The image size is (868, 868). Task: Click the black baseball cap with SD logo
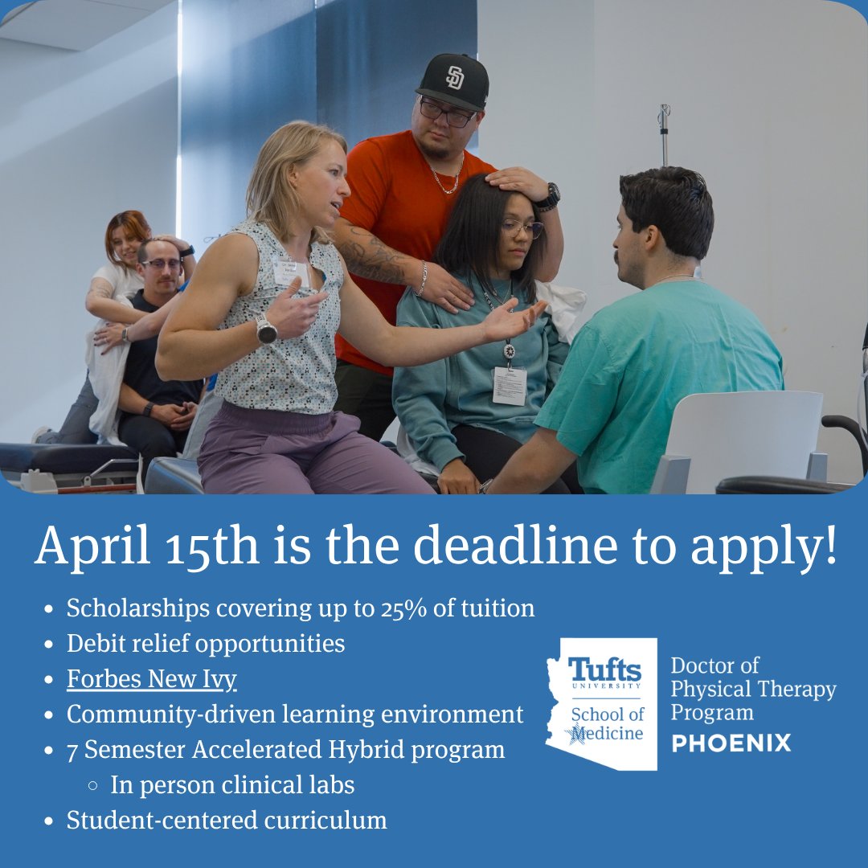point(454,81)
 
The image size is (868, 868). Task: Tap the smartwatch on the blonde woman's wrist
point(266,330)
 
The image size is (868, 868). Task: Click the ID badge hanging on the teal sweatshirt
point(510,385)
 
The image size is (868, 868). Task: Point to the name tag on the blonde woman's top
point(290,271)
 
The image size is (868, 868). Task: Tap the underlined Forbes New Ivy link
point(151,679)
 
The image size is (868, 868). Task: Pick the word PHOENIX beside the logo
point(731,743)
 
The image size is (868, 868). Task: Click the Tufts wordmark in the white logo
point(604,669)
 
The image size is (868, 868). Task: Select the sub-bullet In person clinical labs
point(232,785)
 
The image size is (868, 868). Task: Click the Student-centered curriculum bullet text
point(227,821)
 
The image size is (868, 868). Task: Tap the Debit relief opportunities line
point(206,644)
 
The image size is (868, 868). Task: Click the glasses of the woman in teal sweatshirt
point(522,228)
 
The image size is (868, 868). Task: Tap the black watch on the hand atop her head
point(550,195)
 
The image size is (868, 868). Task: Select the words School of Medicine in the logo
point(607,723)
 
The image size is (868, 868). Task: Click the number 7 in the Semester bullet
point(72,750)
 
